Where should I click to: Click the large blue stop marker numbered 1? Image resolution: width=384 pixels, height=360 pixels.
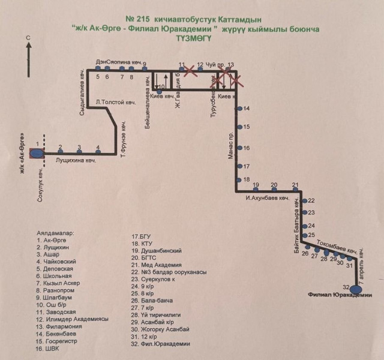point(37,153)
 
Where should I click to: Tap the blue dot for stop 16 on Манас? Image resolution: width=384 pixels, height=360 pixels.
point(239,148)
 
